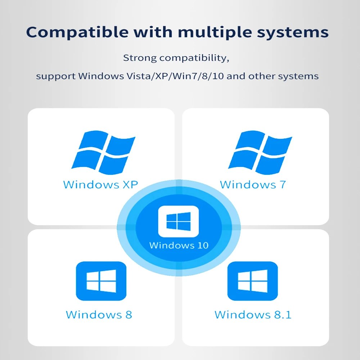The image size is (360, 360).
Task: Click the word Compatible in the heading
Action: click(x=77, y=32)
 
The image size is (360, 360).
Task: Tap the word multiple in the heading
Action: click(x=215, y=32)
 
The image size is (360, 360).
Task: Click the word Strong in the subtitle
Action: click(x=140, y=58)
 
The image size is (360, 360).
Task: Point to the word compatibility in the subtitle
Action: click(x=194, y=58)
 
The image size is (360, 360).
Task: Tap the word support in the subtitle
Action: click(x=56, y=76)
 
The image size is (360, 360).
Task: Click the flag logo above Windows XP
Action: click(x=103, y=152)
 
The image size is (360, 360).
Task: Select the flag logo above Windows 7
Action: click(x=260, y=152)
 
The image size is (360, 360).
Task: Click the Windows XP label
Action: click(x=100, y=185)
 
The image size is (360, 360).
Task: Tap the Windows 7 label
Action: click(x=253, y=185)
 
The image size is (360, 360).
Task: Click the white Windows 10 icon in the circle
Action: click(x=179, y=221)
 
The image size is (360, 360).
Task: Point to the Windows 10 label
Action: click(x=179, y=246)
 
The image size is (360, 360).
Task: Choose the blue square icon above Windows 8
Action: click(x=101, y=281)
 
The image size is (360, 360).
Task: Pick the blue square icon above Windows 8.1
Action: click(x=253, y=281)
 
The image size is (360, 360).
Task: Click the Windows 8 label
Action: click(x=99, y=315)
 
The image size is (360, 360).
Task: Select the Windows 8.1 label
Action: click(x=253, y=315)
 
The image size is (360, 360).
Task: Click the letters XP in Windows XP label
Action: click(x=130, y=185)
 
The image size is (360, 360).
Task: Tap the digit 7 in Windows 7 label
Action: click(x=282, y=185)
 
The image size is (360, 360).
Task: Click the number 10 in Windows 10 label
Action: click(x=202, y=246)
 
